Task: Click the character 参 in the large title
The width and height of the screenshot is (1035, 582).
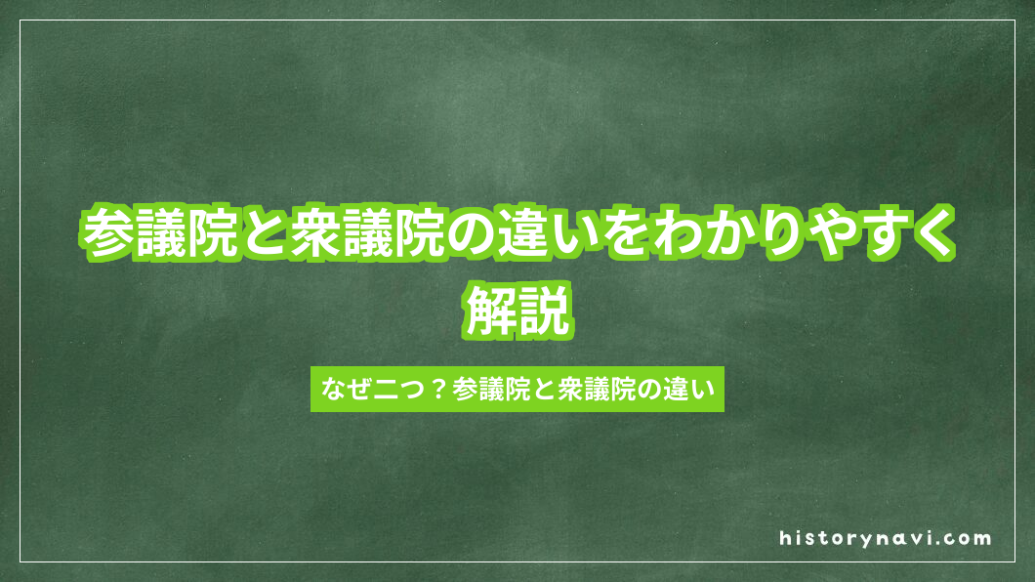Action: pyautogui.click(x=109, y=234)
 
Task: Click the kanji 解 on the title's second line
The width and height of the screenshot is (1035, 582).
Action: pyautogui.click(x=491, y=311)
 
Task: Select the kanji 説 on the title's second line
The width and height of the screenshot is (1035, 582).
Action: pyautogui.click(x=544, y=311)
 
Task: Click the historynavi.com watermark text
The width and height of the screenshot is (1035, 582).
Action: pyautogui.click(x=886, y=538)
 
